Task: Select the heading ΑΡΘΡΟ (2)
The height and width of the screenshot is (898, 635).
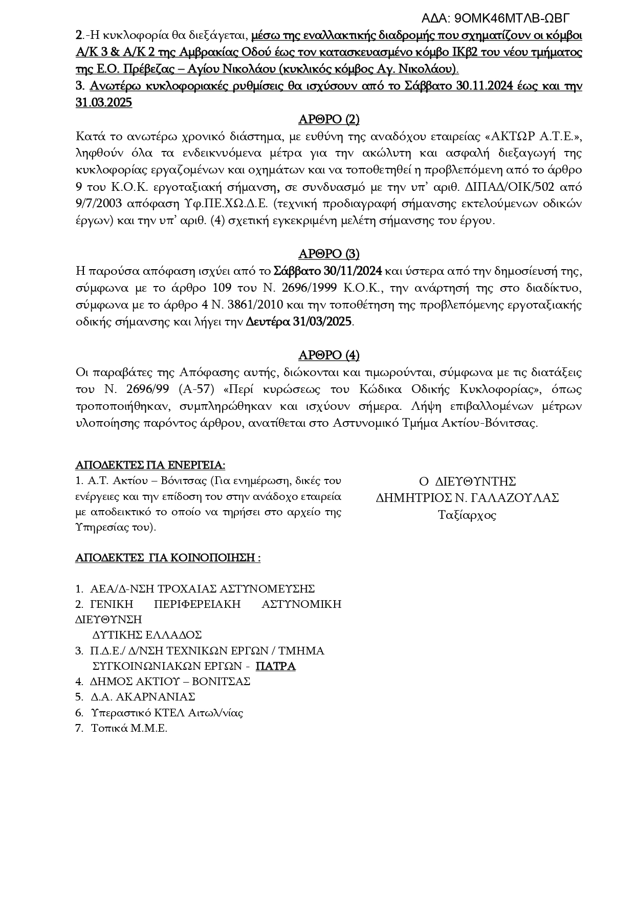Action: [329, 120]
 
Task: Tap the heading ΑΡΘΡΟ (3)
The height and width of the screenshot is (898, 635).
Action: [329, 254]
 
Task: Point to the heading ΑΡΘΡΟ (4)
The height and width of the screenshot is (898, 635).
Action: [329, 355]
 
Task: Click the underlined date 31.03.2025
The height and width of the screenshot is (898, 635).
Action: [104, 103]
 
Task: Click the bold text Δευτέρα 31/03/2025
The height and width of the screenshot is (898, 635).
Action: [299, 322]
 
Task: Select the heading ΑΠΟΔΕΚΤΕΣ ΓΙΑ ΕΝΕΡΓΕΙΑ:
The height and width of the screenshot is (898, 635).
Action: [150, 465]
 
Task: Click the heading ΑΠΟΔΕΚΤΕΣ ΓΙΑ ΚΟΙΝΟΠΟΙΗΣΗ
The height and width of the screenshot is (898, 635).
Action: [168, 557]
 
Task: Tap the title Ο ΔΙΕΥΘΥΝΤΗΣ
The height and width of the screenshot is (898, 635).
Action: [467, 481]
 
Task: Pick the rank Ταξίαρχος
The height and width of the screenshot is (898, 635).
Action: [467, 515]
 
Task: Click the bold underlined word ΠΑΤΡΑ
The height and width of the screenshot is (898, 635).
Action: [275, 666]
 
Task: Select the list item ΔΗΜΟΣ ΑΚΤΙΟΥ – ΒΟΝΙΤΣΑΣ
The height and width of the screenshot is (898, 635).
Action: [169, 682]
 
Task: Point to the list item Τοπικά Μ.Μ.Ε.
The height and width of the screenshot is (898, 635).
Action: [129, 728]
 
